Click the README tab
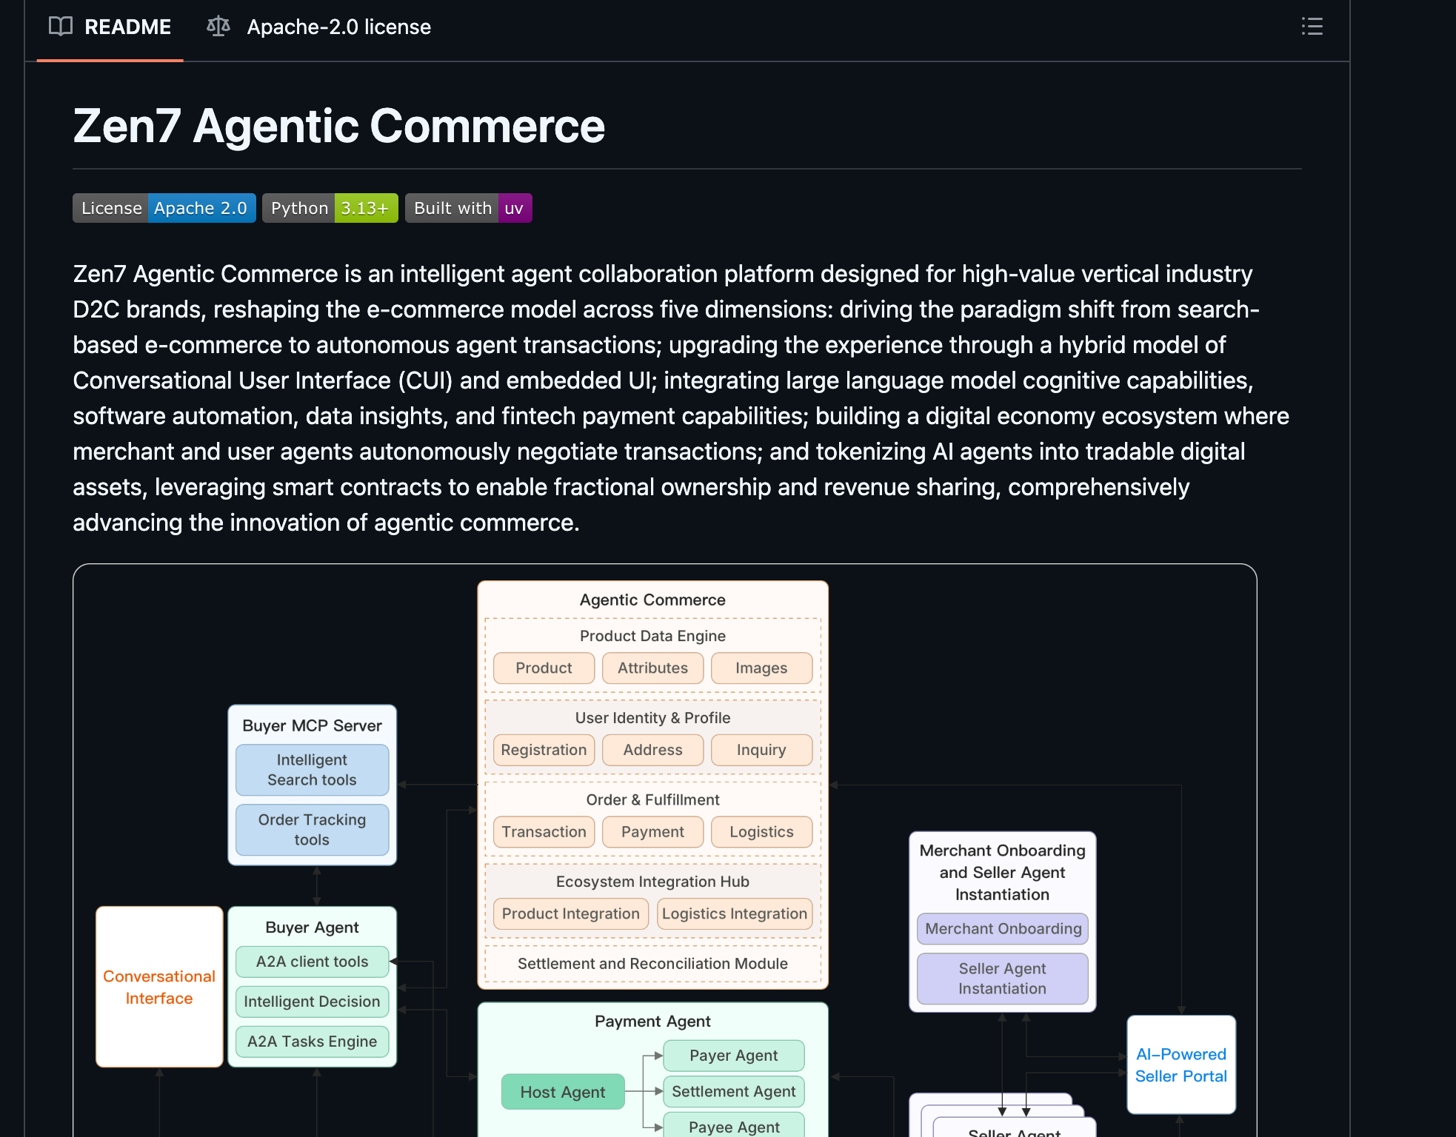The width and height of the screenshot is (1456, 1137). (110, 27)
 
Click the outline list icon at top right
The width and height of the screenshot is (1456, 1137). (1312, 27)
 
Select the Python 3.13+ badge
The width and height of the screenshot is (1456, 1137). (330, 209)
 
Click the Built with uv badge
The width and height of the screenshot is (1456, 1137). (468, 209)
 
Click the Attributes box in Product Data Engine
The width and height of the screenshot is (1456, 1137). (652, 668)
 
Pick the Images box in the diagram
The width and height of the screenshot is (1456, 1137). (761, 668)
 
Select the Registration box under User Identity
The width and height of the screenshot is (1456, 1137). (544, 751)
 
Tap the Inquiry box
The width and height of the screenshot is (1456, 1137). (761, 751)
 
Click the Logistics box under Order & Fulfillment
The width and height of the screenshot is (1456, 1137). (761, 832)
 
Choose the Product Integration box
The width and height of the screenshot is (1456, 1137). (570, 914)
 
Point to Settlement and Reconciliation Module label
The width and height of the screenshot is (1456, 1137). (652, 964)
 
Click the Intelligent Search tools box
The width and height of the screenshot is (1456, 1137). (312, 771)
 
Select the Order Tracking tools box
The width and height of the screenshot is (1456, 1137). (312, 830)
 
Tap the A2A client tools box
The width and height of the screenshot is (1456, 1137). (312, 962)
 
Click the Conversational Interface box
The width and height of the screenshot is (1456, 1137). (159, 987)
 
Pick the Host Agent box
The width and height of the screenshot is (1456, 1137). (563, 1093)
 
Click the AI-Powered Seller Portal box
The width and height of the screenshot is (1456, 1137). (1181, 1065)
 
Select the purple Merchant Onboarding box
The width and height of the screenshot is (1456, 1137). (1003, 929)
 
